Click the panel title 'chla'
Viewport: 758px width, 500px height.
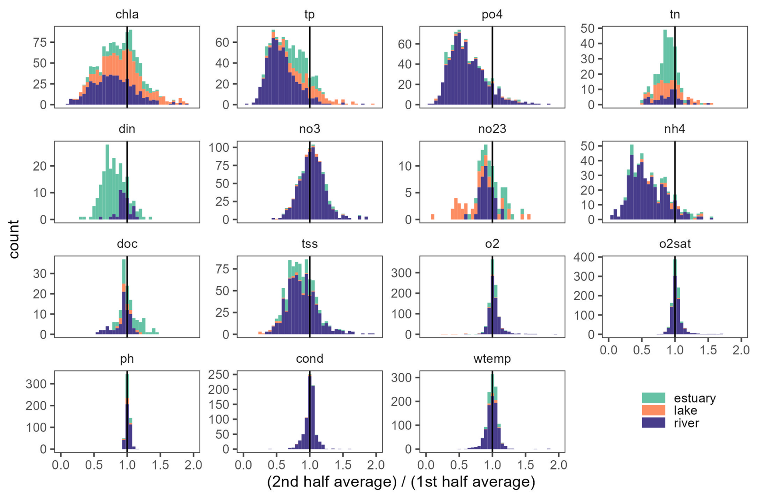coord(127,15)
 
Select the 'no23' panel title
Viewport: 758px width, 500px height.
coord(492,129)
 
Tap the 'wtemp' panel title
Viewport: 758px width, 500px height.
coord(492,359)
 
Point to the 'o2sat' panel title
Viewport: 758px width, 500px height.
coord(675,244)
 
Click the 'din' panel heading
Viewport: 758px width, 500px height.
coord(127,129)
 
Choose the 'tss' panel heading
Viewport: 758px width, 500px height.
coord(309,244)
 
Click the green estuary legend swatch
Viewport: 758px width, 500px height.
coord(653,398)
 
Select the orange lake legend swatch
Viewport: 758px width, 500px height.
coord(653,410)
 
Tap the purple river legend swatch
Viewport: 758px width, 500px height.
coord(653,423)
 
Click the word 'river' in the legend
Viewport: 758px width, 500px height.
coord(686,423)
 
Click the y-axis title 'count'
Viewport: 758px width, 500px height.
coord(14,239)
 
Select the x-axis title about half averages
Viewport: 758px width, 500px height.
coord(401,482)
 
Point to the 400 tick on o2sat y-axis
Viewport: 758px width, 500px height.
coord(587,257)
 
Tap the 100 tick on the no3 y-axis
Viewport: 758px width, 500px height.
coord(219,147)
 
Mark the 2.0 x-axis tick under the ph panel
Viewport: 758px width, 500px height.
coord(194,465)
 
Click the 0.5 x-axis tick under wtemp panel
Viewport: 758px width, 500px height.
coord(459,465)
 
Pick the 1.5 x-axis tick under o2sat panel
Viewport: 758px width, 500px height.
coord(708,350)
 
